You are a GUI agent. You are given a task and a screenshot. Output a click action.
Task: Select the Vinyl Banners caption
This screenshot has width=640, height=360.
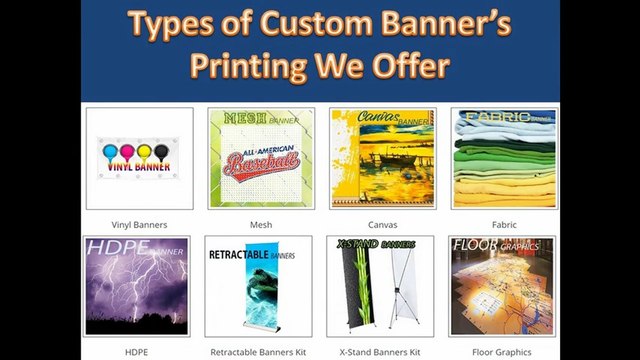click(x=139, y=225)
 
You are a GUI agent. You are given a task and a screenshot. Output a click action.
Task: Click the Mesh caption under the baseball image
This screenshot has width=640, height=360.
click(x=260, y=225)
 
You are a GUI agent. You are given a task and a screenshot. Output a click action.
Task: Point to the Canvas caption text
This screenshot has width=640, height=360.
click(x=382, y=225)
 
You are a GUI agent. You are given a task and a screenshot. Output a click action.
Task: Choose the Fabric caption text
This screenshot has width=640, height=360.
click(x=504, y=225)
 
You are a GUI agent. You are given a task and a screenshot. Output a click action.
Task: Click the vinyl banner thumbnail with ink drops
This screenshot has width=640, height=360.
click(x=139, y=158)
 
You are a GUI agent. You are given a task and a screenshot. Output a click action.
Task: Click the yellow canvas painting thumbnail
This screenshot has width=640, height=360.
click(x=382, y=158)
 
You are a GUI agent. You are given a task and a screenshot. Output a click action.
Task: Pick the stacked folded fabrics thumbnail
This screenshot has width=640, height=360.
click(x=504, y=158)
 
